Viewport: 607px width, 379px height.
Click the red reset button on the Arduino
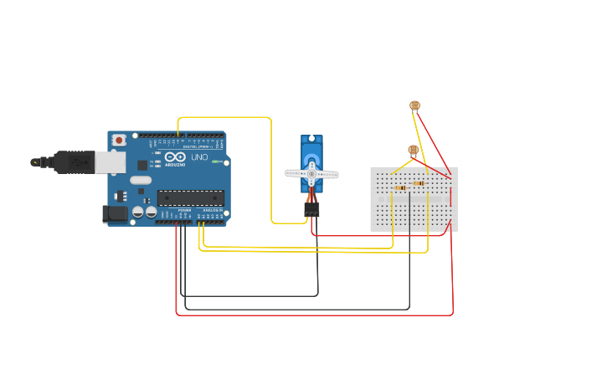119,140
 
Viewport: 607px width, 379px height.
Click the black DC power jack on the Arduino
115,214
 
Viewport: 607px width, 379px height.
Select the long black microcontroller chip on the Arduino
190,198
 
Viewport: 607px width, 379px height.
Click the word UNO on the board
199,157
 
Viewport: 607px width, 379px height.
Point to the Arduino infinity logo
175,157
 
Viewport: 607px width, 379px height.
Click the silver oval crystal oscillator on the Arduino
141,180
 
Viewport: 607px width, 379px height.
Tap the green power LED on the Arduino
215,161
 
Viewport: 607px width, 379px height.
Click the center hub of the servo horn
311,173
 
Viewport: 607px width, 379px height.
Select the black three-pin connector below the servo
311,209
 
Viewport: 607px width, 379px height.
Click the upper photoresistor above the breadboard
414,105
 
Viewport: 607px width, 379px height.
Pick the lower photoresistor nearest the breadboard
413,150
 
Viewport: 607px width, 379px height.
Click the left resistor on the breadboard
400,188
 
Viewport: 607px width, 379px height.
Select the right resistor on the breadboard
419,183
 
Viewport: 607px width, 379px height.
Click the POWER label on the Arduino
184,210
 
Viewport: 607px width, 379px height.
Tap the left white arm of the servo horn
296,173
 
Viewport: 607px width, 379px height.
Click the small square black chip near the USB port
142,166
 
